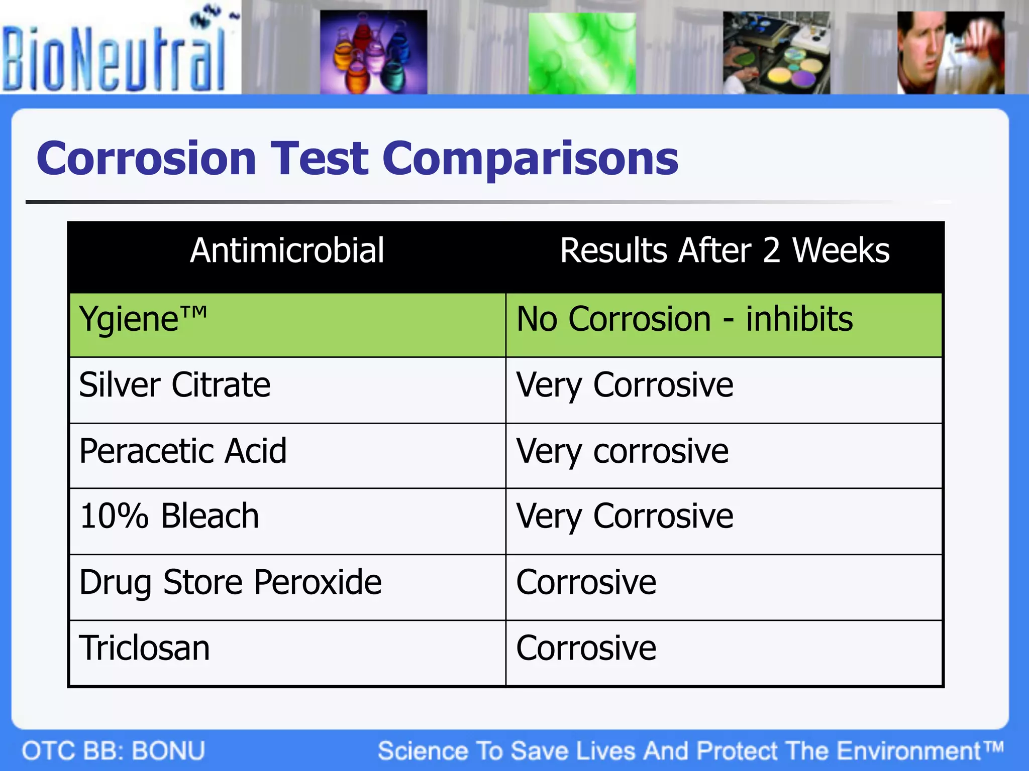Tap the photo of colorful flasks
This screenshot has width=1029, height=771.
coord(373,52)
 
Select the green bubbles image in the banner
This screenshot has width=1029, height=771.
coord(582,53)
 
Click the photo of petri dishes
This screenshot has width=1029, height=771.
coord(776,53)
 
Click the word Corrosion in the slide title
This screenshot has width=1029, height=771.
coord(146,159)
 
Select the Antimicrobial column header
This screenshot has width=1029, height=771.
coord(287,250)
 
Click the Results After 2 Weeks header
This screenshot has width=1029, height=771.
coord(724,250)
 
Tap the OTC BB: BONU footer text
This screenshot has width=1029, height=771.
coord(114,751)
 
